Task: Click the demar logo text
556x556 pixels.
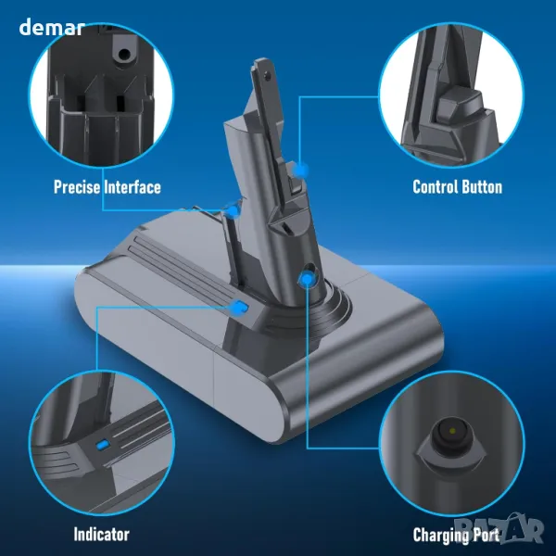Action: pos(52,27)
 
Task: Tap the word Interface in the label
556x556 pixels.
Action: pos(133,187)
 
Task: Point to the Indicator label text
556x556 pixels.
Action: pos(101,534)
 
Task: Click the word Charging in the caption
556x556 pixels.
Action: pos(439,536)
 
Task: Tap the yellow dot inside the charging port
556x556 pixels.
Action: pos(452,431)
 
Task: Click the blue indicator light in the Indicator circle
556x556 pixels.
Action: pos(102,445)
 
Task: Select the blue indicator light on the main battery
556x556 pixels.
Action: pos(239,307)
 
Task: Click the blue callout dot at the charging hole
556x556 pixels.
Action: pos(307,280)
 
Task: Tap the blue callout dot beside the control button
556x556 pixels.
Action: pos(300,171)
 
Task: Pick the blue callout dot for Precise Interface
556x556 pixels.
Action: pos(234,211)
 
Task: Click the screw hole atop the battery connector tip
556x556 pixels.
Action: pos(267,75)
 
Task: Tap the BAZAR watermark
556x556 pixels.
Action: pos(499,529)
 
